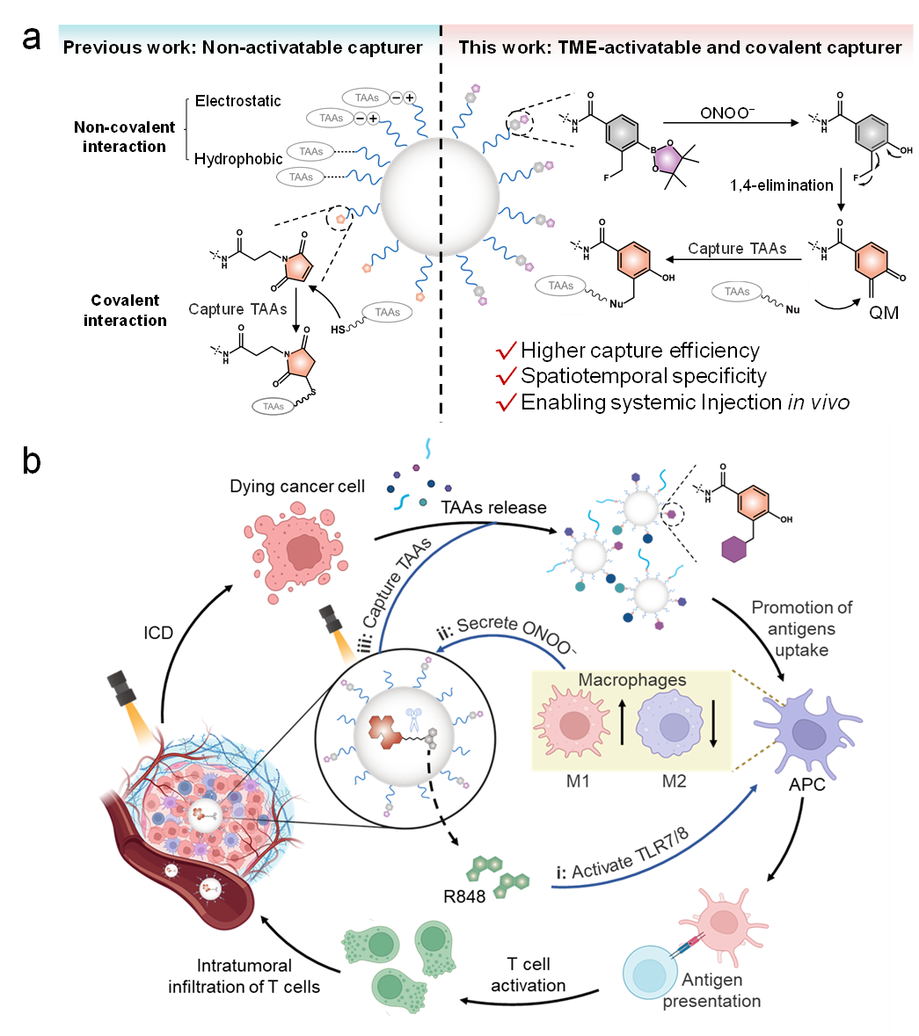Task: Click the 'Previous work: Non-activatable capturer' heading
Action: coord(243,47)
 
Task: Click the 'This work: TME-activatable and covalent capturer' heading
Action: coord(680,47)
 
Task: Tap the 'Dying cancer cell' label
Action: coord(297,487)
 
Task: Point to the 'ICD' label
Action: coord(158,633)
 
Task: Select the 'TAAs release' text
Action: coord(493,508)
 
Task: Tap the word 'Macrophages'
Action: coord(632,680)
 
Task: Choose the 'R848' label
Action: coord(464,897)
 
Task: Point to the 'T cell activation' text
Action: coord(529,975)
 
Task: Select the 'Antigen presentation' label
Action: coord(711,990)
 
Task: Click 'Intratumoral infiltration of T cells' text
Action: coord(244,976)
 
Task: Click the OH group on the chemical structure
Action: coord(785,519)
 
